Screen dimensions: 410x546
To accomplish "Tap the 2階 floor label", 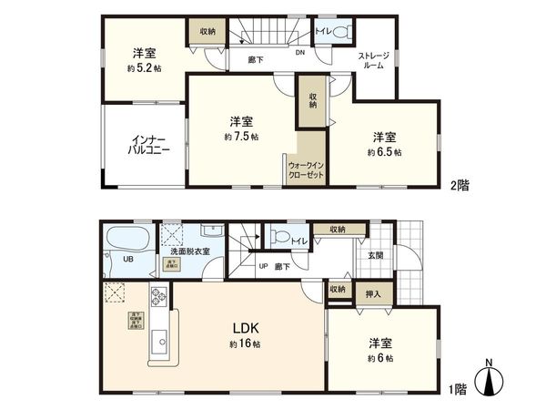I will [459, 184].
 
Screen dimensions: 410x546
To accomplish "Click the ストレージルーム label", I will [373, 60].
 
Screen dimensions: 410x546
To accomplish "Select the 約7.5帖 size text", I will [241, 137].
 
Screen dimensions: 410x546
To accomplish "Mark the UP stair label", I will [264, 266].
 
